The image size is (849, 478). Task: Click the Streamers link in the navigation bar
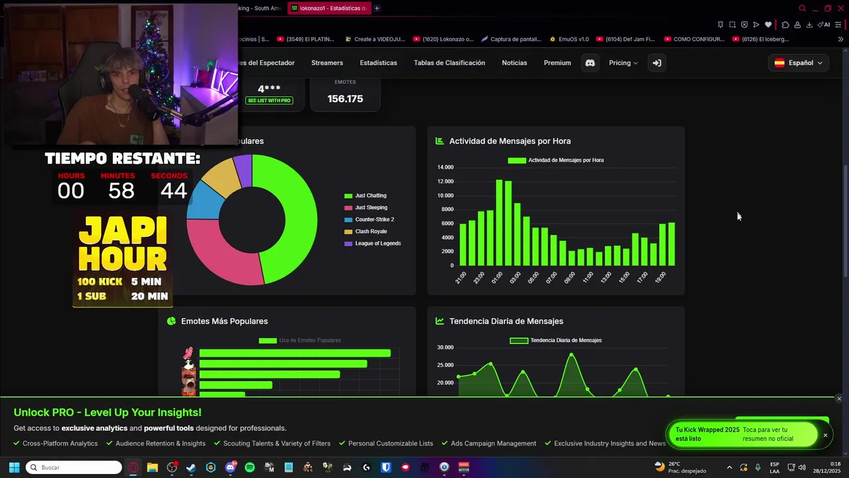[x=327, y=63]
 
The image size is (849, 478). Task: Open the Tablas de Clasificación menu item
[x=449, y=63]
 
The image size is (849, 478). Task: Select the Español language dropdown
[x=799, y=63]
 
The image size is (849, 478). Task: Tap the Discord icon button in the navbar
[x=590, y=63]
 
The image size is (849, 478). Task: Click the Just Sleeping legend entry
[x=371, y=208]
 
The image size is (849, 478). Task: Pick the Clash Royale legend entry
[x=370, y=232]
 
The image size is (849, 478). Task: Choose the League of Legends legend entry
[x=377, y=244]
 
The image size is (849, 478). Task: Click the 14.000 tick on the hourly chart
[x=445, y=167]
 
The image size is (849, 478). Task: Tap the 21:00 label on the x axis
[x=460, y=278]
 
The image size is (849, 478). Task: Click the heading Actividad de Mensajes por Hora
[x=509, y=141]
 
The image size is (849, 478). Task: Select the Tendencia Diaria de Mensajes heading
[x=505, y=321]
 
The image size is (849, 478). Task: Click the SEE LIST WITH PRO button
[x=269, y=100]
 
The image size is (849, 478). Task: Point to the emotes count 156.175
[x=345, y=99]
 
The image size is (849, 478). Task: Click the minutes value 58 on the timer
[x=121, y=191]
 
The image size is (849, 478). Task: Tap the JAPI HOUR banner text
[x=123, y=244]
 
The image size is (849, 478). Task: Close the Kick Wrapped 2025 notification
[x=825, y=435]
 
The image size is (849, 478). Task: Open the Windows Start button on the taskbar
[x=14, y=467]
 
